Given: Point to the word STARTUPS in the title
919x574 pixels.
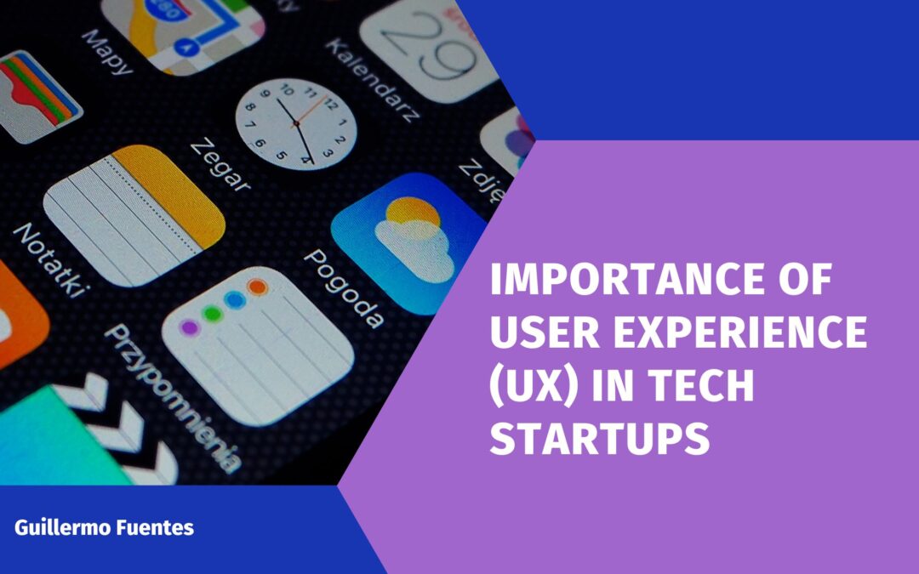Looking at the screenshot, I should (x=599, y=439).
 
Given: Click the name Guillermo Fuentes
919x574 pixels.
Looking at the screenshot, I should (x=104, y=527).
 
